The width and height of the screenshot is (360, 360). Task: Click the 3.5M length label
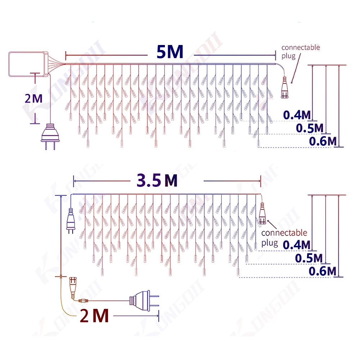pos(157,180)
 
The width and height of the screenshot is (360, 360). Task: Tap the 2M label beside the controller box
pos(33,98)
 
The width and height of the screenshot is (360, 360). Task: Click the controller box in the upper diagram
pos(28,64)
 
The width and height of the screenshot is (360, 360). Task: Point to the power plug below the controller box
pos(50,137)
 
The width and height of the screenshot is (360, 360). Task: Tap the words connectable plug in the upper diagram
pos(300,51)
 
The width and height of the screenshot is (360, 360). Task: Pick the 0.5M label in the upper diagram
pos(310,128)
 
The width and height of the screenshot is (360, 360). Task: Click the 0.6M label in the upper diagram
pos(323,141)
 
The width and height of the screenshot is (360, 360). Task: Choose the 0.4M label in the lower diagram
pos(296,244)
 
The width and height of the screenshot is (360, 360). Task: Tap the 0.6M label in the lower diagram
pos(322,271)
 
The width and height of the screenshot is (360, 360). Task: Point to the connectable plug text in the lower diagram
pos(284,238)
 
